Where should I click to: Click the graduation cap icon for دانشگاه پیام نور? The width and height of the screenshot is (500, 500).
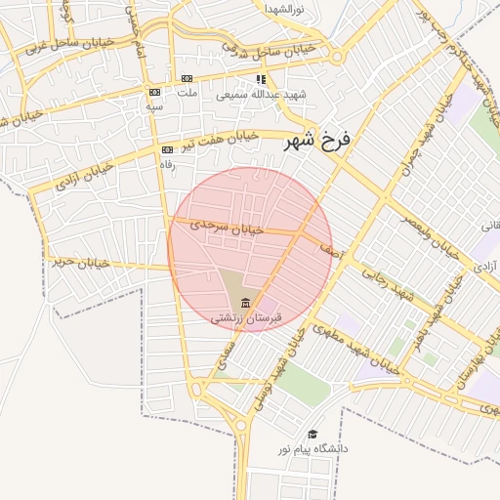[x=312, y=434]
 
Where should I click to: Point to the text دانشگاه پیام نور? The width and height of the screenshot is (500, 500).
[x=312, y=449]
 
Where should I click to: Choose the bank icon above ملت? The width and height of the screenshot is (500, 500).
[x=187, y=79]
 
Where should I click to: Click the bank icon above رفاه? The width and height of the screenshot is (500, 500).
[x=167, y=149]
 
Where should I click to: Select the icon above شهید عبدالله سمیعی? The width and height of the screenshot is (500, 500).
[x=260, y=79]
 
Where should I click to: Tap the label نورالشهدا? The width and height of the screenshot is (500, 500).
[x=285, y=9]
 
